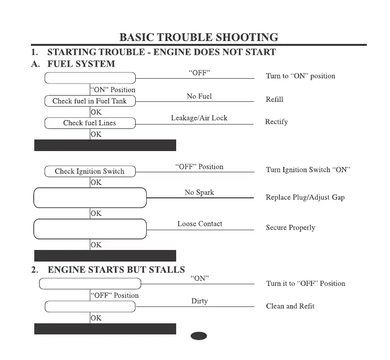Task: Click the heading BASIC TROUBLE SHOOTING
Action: click(198, 37)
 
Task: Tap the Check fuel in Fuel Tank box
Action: click(90, 101)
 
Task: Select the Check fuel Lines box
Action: click(90, 123)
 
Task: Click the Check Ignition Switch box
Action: click(90, 171)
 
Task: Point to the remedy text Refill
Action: click(274, 99)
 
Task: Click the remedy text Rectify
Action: click(277, 122)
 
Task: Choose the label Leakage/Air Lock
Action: click(199, 118)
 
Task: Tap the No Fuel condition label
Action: click(199, 97)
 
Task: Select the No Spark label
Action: click(199, 193)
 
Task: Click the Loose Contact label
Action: click(200, 224)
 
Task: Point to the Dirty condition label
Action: click(199, 301)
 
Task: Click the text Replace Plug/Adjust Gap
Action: click(305, 197)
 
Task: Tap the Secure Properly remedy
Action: click(290, 228)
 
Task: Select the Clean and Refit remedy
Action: click(290, 306)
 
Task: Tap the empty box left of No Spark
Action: click(90, 198)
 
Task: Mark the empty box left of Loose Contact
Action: click(90, 229)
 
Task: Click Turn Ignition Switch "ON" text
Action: click(308, 170)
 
